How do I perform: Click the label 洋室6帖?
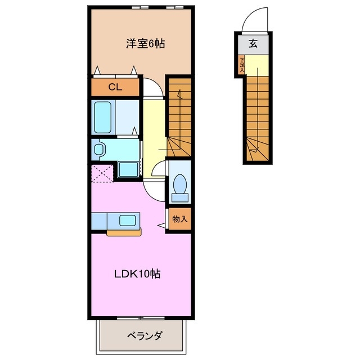tap(145, 43)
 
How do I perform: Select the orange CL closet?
tap(115, 87)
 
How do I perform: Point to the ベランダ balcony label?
tap(143, 336)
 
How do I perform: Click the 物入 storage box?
tap(180, 219)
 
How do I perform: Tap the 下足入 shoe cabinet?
tap(241, 64)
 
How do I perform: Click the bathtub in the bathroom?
tap(103, 116)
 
